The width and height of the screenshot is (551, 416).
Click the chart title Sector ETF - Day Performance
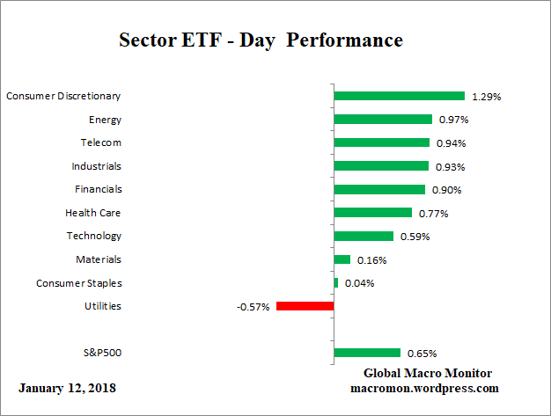260,40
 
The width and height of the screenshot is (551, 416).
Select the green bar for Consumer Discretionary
399,96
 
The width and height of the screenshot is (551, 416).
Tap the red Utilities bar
305,306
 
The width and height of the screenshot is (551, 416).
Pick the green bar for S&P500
367,353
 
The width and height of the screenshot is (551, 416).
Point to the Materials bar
342,259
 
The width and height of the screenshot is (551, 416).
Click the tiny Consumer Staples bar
336,282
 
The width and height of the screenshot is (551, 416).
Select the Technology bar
364,236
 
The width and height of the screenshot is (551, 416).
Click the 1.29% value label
486,97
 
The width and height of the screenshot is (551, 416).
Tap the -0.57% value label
253,307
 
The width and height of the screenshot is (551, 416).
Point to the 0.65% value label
422,354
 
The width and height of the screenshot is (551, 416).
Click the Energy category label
105,120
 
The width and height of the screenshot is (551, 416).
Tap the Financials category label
99,189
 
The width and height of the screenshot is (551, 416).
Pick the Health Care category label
93,213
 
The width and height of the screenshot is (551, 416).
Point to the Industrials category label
96,166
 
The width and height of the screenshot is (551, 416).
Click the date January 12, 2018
66,388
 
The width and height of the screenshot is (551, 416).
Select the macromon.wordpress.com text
424,388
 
